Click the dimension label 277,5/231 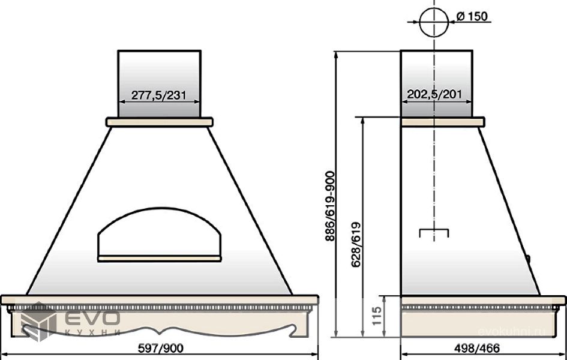(159, 95)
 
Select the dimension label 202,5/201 (434, 94)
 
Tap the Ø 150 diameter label (472, 16)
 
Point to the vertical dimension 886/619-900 (330, 206)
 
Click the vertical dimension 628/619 (356, 245)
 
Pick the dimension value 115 (377, 316)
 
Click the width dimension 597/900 (161, 348)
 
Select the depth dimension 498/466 (477, 348)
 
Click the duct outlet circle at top (434, 22)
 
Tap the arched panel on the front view (159, 232)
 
